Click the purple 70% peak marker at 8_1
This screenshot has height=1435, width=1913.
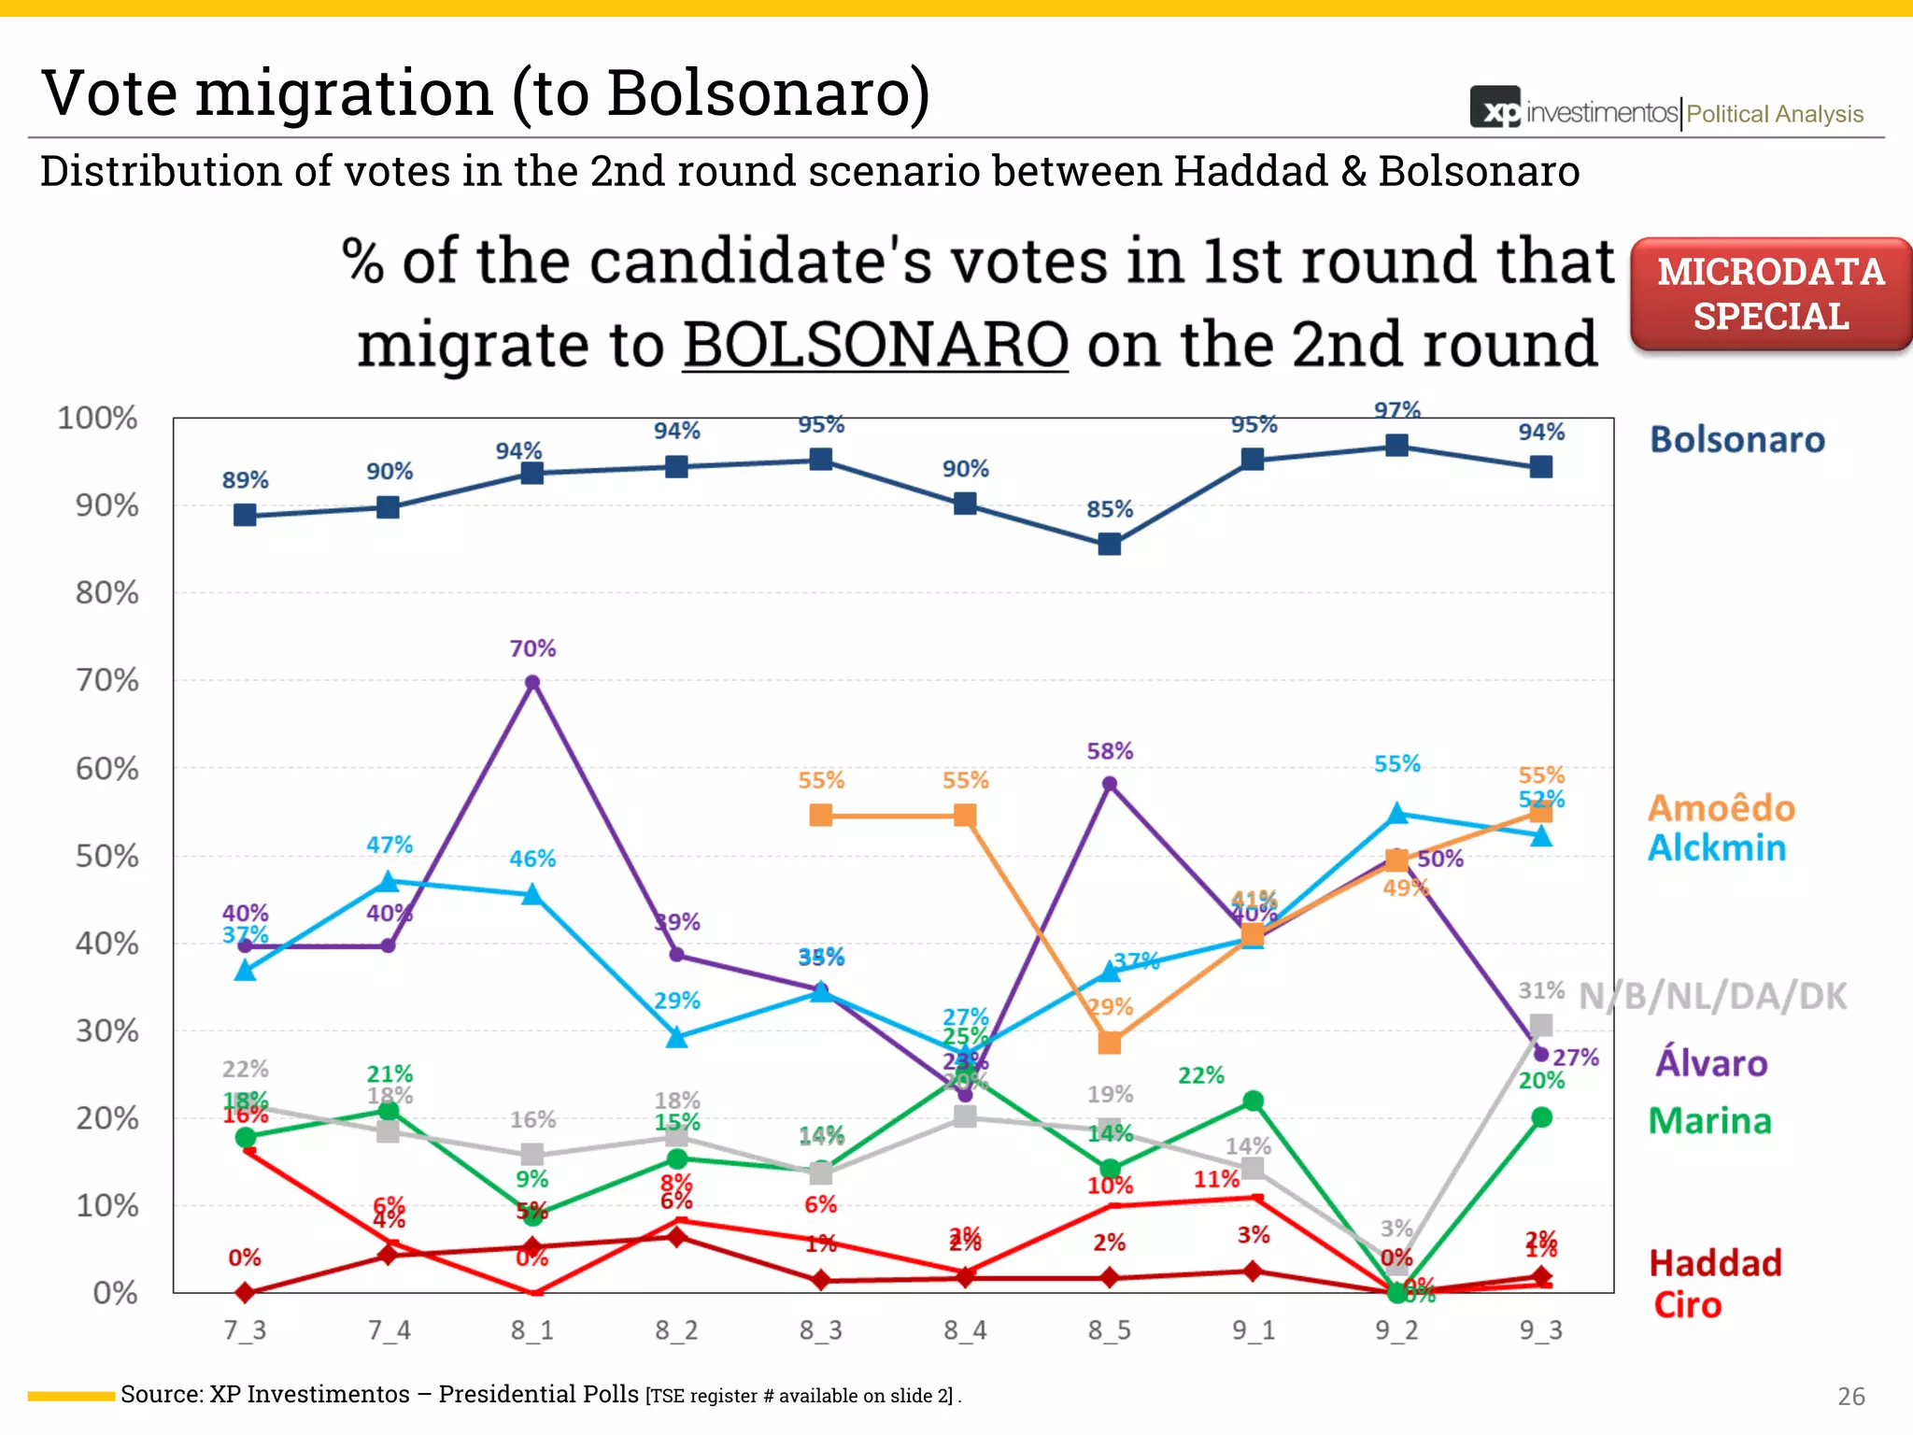coord(532,683)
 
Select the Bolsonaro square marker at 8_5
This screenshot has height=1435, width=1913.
coord(1109,544)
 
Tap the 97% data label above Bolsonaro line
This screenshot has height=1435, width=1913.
coord(1396,410)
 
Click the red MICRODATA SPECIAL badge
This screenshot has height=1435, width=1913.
coord(1770,294)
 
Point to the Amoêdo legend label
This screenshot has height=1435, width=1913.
coord(1721,808)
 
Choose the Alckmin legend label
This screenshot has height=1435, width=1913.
coord(1716,848)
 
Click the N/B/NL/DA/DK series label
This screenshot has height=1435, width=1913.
coord(1712,997)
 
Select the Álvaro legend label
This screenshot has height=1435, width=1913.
coord(1711,1063)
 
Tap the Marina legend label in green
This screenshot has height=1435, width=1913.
coord(1709,1120)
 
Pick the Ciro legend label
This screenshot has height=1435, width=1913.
coord(1687,1304)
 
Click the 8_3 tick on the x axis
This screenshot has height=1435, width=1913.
coord(820,1329)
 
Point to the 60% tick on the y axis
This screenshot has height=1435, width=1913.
coord(106,769)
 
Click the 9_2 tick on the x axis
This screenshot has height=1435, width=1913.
coord(1396,1329)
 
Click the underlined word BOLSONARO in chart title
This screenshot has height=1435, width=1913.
coord(875,345)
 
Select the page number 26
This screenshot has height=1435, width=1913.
coord(1850,1397)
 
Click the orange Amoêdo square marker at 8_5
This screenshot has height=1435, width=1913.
coord(1109,1042)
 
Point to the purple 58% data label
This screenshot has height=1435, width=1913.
coord(1109,751)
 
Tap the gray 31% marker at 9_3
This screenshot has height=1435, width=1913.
coord(1541,1025)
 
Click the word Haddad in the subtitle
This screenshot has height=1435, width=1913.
coord(1250,172)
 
